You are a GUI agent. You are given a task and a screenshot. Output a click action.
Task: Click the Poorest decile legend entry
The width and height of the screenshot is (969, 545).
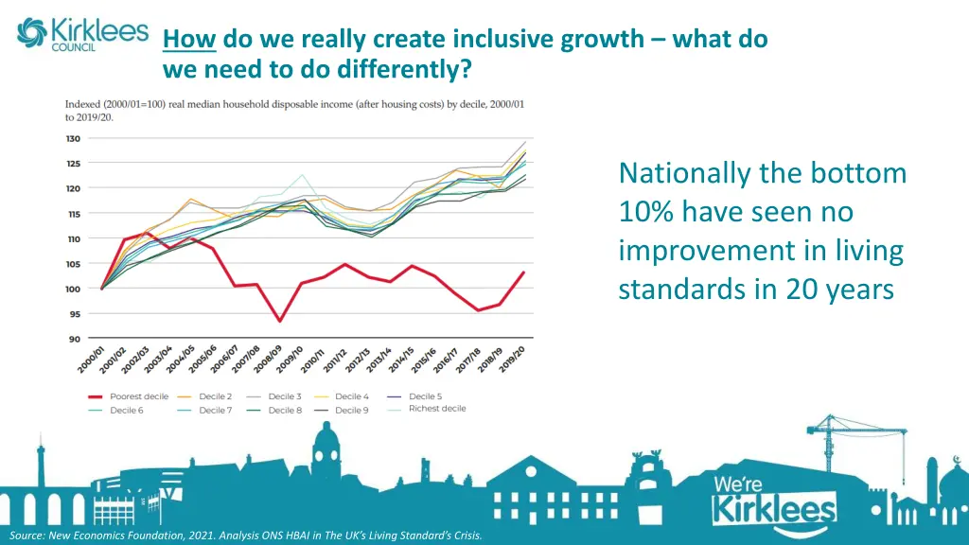click(128, 396)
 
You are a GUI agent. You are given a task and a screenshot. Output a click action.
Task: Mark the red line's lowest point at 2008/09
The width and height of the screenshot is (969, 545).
click(279, 321)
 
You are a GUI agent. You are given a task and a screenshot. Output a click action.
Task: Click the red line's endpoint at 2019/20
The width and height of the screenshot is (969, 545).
click(524, 272)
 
